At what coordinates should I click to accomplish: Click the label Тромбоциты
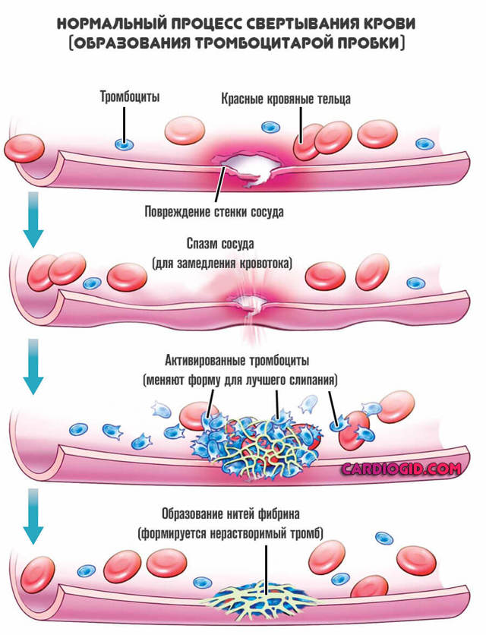(130, 97)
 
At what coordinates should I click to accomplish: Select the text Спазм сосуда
(220, 245)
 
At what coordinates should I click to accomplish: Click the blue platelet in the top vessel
(121, 144)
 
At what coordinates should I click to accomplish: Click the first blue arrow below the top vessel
(31, 219)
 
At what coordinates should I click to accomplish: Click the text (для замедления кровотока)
(220, 264)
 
